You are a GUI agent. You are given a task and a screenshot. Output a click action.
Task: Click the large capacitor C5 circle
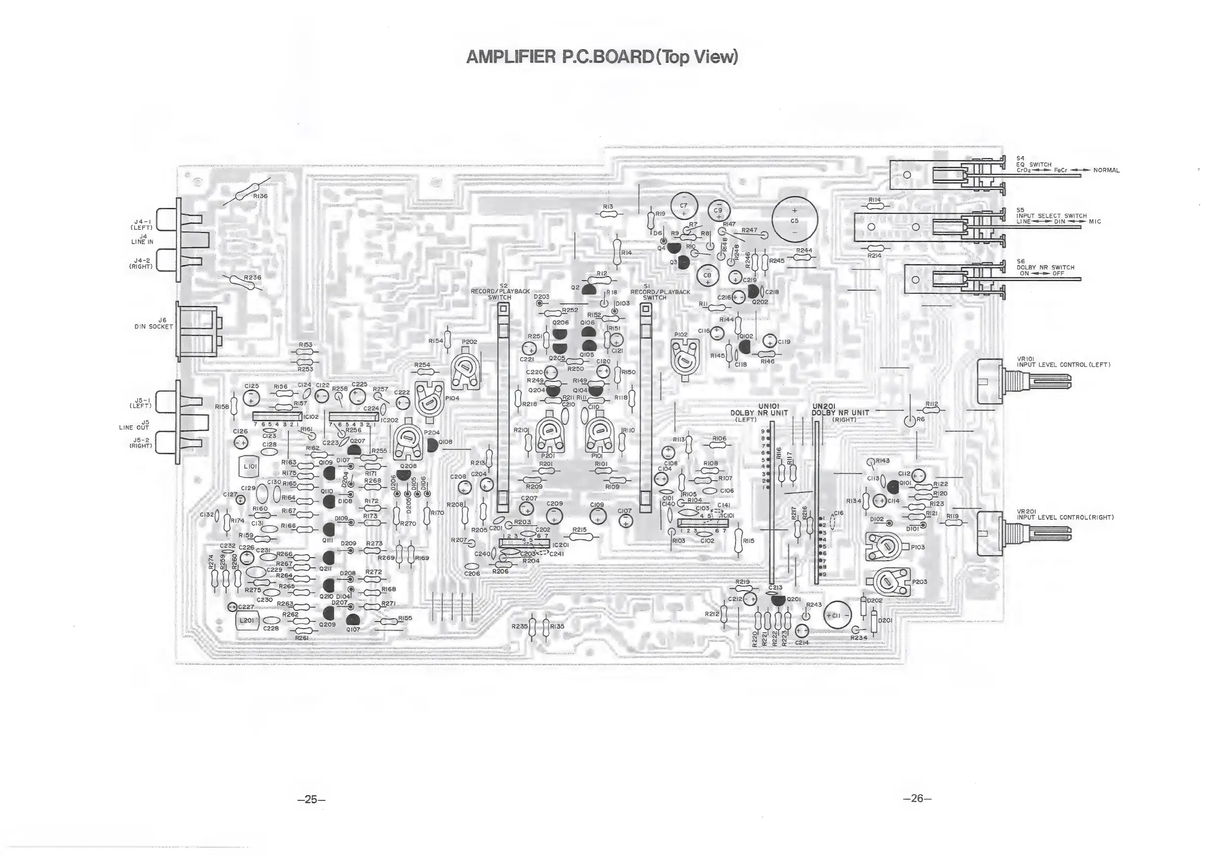tap(794, 220)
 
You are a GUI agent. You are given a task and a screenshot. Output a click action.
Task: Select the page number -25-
tap(312, 799)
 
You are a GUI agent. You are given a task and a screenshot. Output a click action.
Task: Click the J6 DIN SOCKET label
tap(154, 323)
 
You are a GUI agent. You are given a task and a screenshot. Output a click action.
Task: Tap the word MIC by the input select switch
tap(1094, 221)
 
